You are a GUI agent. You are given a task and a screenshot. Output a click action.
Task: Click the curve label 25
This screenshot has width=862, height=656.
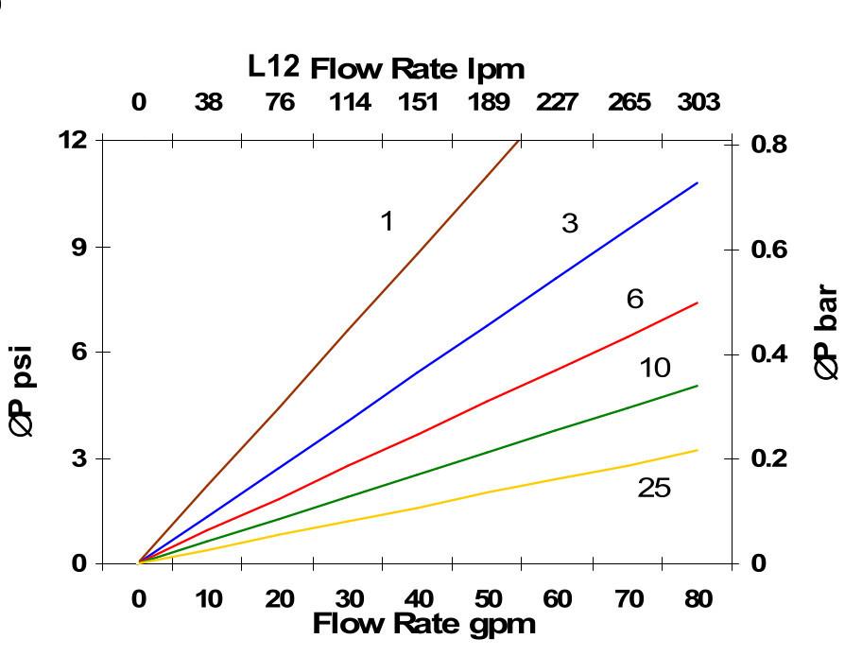pos(654,488)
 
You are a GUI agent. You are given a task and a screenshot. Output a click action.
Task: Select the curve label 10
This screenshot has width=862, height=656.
pos(654,368)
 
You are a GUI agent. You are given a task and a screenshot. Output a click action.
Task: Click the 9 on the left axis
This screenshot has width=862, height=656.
pos(79,247)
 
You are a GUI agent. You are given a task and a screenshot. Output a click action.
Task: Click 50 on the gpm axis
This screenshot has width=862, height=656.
pos(489,599)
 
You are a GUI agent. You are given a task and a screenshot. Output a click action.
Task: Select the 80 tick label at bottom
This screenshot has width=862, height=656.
pos(698,599)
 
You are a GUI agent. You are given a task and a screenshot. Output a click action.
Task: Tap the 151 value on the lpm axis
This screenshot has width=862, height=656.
pos(418,102)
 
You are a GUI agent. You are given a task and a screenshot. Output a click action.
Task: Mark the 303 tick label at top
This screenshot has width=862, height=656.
pos(698,102)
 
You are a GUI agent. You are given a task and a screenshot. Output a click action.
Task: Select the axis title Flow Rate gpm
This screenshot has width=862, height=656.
pos(423,624)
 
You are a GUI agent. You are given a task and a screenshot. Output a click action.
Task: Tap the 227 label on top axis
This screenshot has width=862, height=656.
pos(557,102)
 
